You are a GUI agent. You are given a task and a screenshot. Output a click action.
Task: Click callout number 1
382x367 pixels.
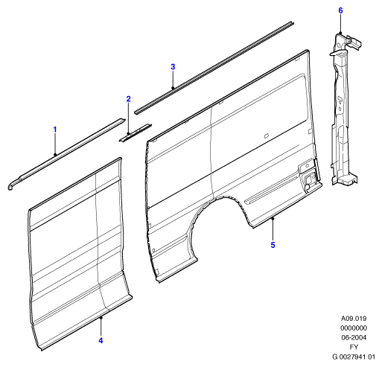[x=55, y=130]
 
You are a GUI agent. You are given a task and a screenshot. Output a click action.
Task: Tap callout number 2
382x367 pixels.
[x=128, y=99]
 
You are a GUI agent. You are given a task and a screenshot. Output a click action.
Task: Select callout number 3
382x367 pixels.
[x=173, y=67]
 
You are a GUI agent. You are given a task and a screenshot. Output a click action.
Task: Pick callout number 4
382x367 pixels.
[x=101, y=340]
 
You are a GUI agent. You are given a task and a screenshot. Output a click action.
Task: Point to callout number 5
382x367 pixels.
[x=273, y=245]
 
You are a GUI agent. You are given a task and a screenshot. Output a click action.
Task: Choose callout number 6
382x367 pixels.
[x=340, y=10]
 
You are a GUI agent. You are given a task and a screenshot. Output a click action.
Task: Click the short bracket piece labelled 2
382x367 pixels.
[x=136, y=133]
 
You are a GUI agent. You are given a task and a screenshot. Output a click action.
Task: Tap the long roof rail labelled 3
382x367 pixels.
[x=214, y=68]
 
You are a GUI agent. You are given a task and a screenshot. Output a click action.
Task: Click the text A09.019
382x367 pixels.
[x=354, y=319]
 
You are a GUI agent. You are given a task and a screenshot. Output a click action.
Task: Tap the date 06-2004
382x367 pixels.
[x=354, y=337]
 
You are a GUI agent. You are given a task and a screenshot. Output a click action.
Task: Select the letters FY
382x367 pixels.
[x=354, y=347]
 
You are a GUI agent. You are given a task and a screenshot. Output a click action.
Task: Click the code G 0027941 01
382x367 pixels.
[x=354, y=357]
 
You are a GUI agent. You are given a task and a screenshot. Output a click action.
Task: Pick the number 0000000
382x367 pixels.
[x=354, y=328]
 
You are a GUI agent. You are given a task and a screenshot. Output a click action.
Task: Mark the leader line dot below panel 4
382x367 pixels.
[x=101, y=317]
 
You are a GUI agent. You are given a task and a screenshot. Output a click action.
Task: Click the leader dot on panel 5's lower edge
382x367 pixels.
[x=273, y=218]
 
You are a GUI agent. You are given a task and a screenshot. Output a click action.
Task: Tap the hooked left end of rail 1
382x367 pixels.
[x=12, y=184]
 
